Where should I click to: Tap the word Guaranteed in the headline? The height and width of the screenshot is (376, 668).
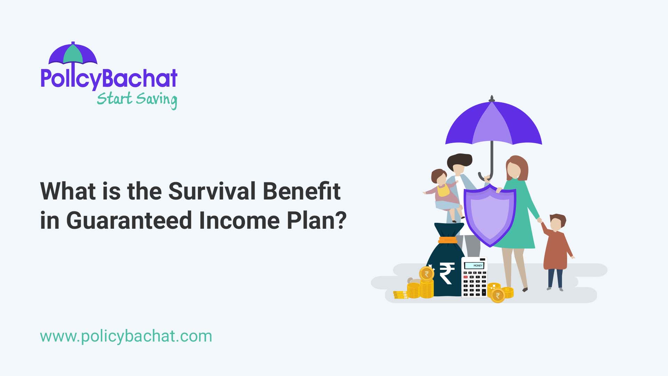(x=129, y=221)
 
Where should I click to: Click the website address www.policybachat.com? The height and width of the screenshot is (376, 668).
(x=126, y=336)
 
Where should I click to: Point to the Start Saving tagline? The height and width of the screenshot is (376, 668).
(x=137, y=99)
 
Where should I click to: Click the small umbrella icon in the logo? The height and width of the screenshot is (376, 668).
(x=73, y=54)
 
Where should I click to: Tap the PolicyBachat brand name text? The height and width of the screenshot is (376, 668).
(x=109, y=78)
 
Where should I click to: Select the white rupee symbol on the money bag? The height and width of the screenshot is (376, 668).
(x=446, y=273)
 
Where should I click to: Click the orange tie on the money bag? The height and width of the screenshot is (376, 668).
(x=448, y=240)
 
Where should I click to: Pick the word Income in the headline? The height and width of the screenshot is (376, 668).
(x=239, y=221)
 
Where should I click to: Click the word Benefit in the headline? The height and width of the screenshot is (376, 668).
(x=301, y=191)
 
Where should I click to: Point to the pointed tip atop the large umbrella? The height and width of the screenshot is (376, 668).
(x=492, y=99)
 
